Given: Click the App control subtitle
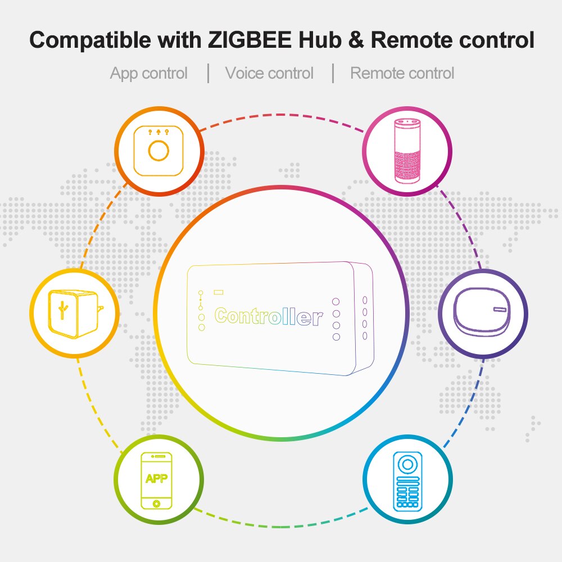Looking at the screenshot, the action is point(149,73).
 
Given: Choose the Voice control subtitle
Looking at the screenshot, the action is point(269,73).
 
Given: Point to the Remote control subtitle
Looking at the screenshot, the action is point(402,73).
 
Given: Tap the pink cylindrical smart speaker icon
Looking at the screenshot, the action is point(407,151).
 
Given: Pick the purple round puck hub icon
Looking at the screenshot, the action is point(483,313).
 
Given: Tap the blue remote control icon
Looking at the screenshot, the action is point(407,479).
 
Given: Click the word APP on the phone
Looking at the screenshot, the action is point(157,479).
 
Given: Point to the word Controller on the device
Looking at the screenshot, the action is point(269,316).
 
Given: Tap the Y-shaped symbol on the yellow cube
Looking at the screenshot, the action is point(63,311).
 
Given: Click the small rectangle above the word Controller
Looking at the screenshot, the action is point(218,292).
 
